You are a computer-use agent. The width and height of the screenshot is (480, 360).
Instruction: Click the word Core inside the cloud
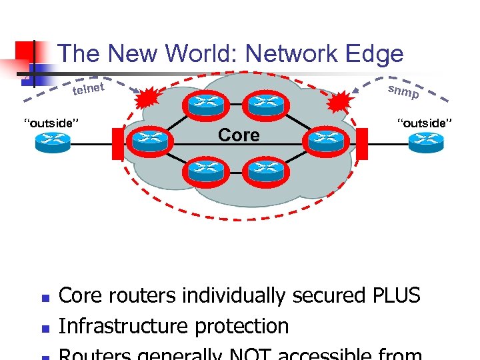tap(239, 135)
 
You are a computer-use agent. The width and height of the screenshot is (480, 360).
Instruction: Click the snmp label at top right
tap(403, 92)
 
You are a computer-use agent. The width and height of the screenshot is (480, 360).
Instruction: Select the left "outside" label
tap(52, 123)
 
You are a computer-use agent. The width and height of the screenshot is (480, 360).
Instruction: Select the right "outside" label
tap(425, 122)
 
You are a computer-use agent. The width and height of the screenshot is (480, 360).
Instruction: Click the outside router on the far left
tap(53, 141)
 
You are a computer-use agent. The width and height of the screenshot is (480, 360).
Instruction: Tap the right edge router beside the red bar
tap(326, 141)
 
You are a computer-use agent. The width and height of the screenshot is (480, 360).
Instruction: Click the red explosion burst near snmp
tap(342, 103)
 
